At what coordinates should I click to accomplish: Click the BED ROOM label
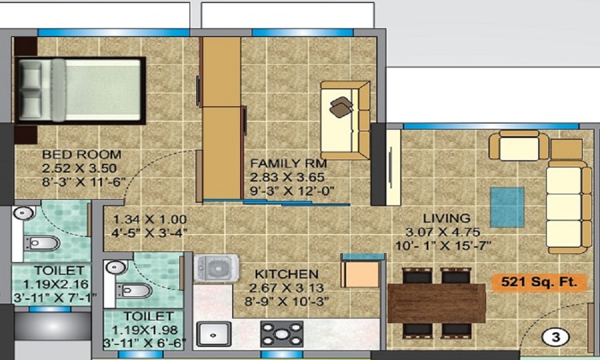pos(82,154)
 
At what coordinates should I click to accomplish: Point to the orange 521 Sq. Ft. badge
pos(539,283)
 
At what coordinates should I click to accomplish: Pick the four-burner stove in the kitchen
pos(281,334)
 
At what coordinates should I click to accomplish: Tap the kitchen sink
pos(214,334)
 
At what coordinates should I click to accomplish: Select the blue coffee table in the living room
pos(507,206)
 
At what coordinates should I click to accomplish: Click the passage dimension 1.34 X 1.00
pos(149,220)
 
